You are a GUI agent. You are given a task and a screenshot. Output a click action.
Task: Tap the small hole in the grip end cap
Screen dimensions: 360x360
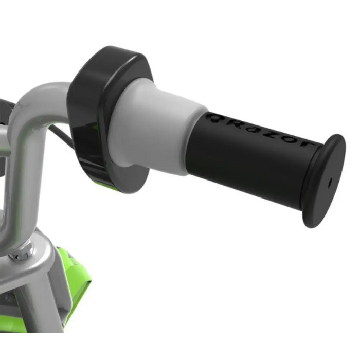pos(329,182)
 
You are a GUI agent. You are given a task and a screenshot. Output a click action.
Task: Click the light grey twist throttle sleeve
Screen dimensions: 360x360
pos(154,129)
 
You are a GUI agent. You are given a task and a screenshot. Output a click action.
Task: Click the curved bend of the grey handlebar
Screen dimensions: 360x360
pos(31,103)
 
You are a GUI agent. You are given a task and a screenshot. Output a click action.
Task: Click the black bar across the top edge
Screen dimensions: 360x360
pos(180,13)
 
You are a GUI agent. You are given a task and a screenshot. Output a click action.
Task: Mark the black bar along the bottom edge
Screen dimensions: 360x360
pos(180,347)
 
